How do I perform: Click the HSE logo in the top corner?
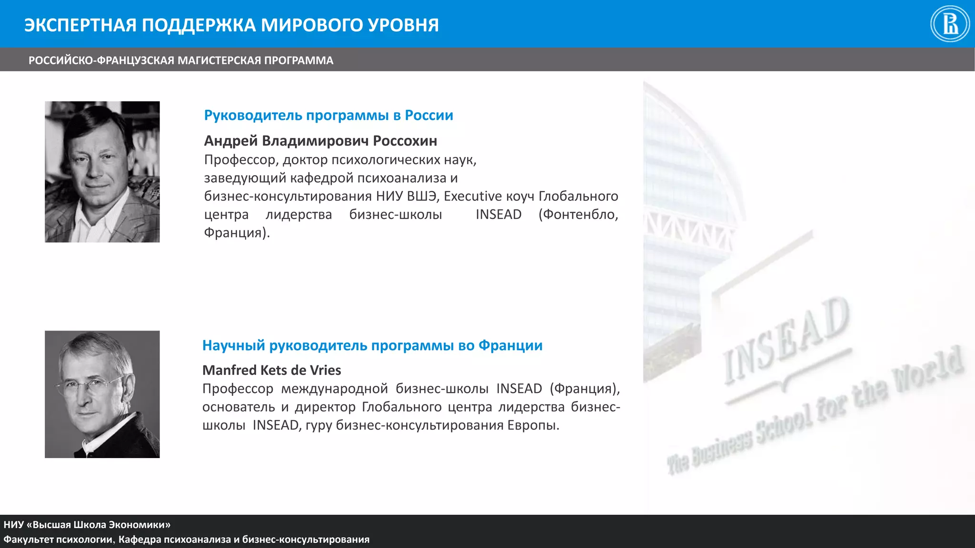click(950, 24)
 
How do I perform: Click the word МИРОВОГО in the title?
click(305, 25)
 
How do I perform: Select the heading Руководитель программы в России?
click(328, 115)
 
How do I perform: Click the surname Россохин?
click(405, 141)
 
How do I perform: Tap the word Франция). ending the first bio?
click(237, 233)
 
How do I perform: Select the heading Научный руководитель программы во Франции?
click(372, 345)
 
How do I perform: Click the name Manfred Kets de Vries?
click(271, 370)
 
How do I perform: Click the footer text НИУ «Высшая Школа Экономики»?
click(87, 525)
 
